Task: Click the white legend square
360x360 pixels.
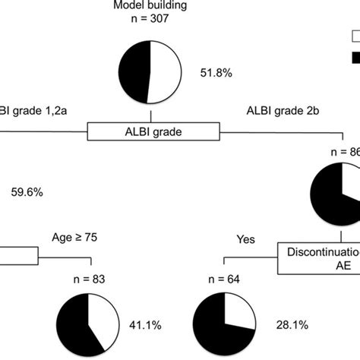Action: [355, 36]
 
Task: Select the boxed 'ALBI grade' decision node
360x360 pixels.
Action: [150, 132]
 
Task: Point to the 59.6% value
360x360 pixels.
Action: [26, 193]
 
